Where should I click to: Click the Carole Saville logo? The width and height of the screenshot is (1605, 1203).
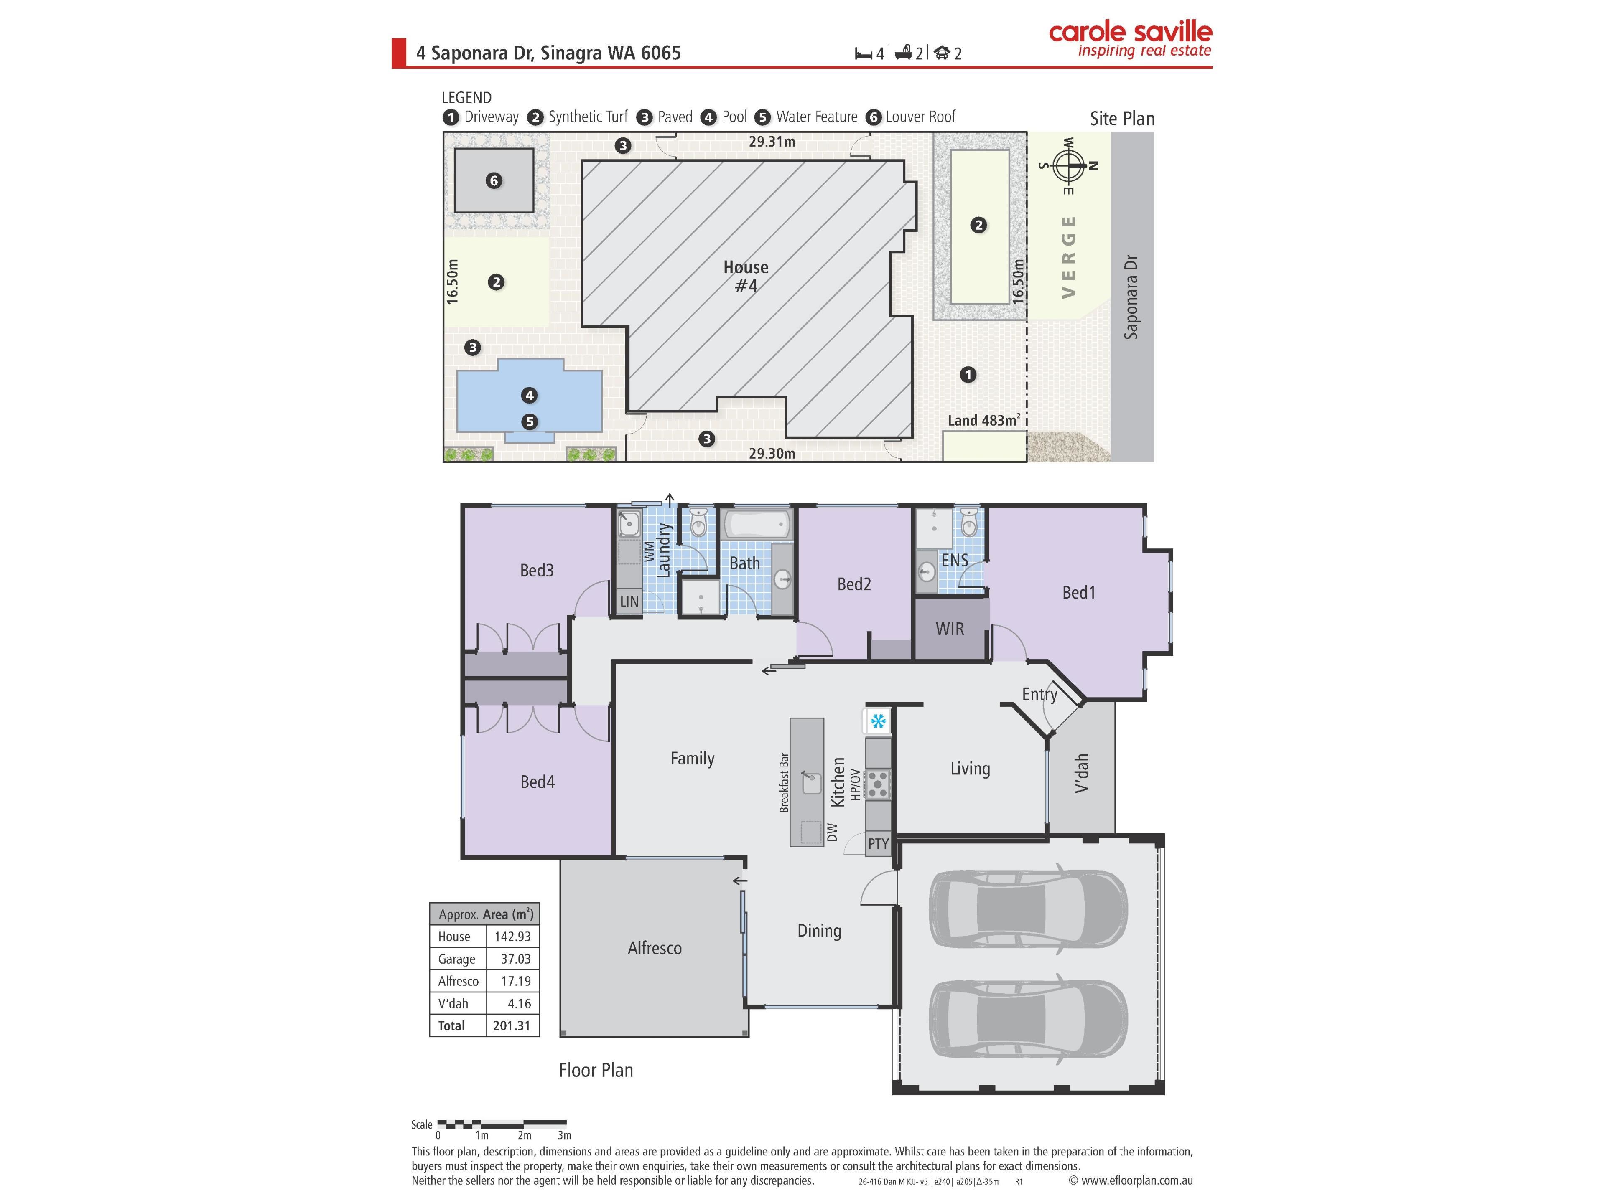pos(1130,39)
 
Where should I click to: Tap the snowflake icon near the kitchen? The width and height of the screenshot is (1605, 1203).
pos(878,721)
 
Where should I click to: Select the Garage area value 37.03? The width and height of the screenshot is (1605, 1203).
pos(515,959)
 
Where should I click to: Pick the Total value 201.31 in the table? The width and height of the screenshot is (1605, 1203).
pos(512,1025)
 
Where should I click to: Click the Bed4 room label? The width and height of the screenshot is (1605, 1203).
pos(538,782)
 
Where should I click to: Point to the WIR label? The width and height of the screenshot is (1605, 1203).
pos(950,629)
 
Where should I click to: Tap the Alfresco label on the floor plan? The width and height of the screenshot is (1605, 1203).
pos(655,948)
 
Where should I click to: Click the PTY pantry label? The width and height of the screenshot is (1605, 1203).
pos(878,843)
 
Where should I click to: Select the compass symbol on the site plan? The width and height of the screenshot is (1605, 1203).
pos(1069,166)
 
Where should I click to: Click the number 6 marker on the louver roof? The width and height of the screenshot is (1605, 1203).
pos(494,180)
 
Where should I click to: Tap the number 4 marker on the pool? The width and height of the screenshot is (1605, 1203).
pos(529,395)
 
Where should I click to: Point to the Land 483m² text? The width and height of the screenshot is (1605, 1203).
pos(984,420)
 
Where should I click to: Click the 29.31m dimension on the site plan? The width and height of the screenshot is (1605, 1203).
pos(772,142)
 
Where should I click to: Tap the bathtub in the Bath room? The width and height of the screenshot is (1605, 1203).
pos(757,523)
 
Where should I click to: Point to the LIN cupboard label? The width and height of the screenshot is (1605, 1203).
pos(629,601)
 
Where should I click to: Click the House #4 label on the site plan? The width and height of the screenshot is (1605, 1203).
pos(746,276)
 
